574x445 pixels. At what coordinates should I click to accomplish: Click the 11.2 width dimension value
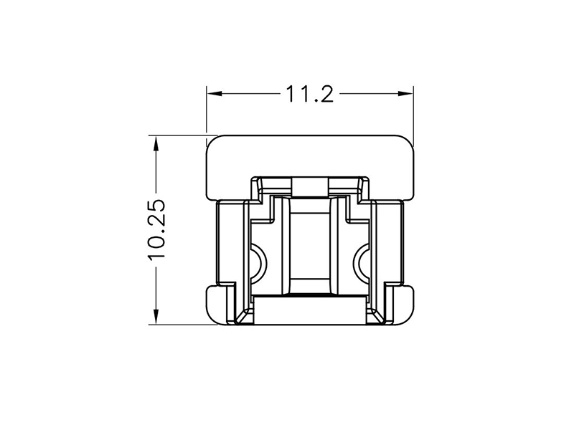point(309,94)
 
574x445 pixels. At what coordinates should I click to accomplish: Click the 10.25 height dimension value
point(157,230)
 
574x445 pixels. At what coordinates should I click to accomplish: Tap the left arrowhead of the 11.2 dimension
point(215,94)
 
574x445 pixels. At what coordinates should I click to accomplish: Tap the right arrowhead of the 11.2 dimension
point(405,94)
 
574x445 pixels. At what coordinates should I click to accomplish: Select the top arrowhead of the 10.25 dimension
point(156,143)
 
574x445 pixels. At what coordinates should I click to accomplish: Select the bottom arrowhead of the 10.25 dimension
point(156,317)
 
